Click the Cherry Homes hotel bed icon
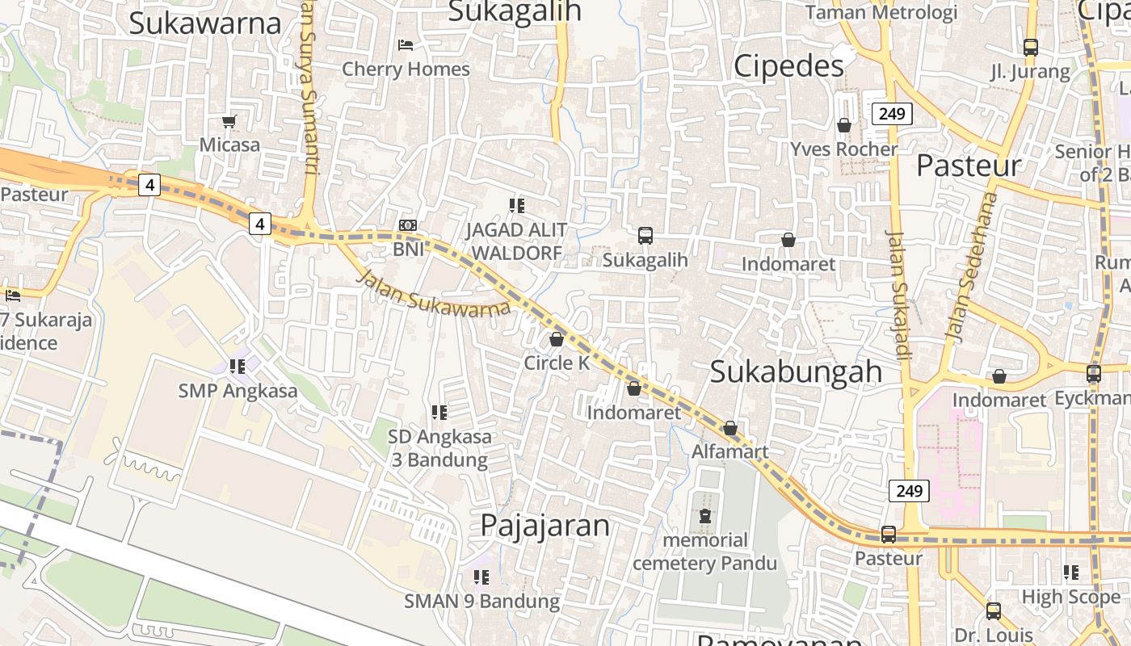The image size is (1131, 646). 406,44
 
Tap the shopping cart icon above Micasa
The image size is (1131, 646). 229,122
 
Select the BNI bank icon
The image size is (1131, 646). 408,225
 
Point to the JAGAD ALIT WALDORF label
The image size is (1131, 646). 516,241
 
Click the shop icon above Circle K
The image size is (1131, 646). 557,339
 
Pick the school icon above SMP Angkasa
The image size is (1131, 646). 238,367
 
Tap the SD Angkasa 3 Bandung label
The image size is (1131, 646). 439,448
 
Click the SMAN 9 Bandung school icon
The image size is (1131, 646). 481,577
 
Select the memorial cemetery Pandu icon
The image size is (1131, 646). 705,515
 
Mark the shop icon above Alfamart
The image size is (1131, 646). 730,428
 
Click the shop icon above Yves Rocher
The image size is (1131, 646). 844,125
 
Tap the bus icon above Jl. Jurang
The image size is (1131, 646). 1031,48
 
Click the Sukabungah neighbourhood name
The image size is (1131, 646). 796,371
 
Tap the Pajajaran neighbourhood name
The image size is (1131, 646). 544,526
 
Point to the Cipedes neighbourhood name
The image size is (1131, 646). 788,66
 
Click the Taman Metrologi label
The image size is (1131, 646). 881,12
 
